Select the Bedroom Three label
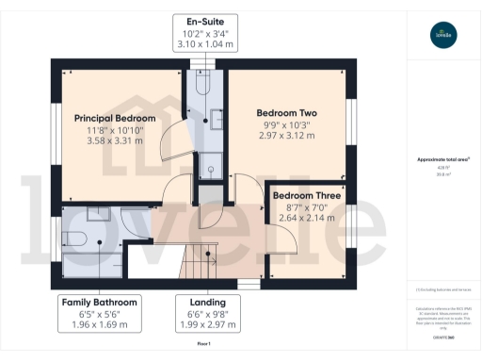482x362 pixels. (301, 195)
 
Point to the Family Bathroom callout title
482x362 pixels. (100, 302)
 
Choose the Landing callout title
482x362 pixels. (201, 302)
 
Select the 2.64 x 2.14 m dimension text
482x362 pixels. (301, 218)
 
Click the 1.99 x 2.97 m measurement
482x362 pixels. (201, 325)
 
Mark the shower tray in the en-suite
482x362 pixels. (212, 162)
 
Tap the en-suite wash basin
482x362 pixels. (217, 119)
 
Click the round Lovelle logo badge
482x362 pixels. (443, 36)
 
